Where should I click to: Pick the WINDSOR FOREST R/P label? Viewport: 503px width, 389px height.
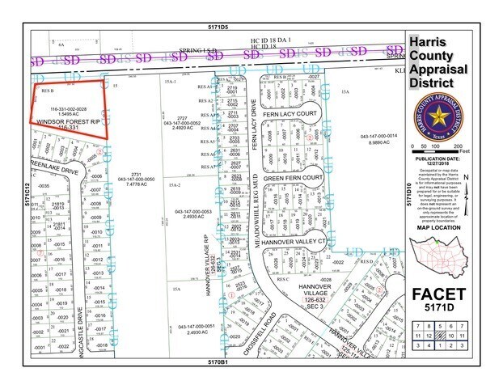point(68,121)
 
